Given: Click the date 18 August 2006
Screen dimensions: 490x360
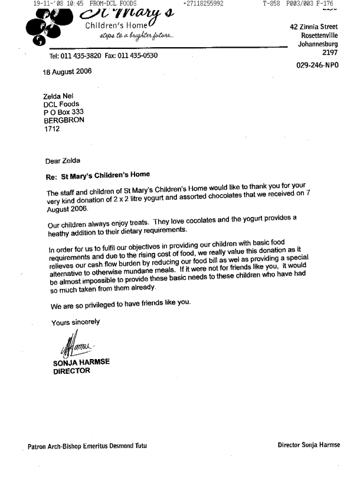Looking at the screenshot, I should click(67, 72).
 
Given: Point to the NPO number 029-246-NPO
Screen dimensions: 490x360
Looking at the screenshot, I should click(318, 65).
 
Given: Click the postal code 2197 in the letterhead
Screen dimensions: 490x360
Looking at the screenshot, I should click(330, 52).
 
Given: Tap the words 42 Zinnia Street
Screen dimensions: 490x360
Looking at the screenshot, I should click(315, 27).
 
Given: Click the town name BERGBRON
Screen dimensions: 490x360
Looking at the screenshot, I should click(64, 120).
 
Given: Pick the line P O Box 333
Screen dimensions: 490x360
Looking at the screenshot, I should click(64, 112).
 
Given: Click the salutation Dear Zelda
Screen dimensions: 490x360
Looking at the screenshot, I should click(63, 160).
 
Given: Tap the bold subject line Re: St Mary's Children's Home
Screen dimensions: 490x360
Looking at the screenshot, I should click(97, 175).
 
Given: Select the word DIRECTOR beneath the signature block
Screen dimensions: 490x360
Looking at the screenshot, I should click(71, 371).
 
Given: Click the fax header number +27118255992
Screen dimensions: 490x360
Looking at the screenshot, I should click(204, 4).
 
